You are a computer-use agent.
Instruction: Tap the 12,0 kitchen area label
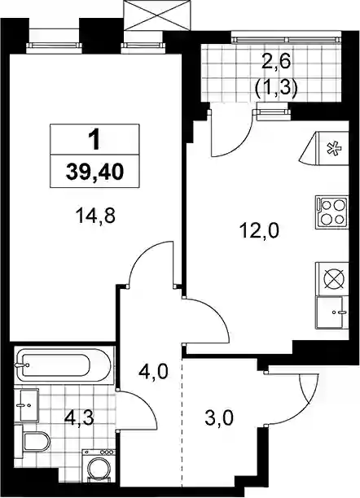(260, 230)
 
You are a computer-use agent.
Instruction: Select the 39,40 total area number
(94, 173)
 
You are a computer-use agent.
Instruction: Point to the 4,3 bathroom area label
(79, 418)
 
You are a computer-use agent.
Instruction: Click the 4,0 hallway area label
(154, 372)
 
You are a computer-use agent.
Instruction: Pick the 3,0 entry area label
(219, 417)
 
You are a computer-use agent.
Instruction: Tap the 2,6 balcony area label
(276, 61)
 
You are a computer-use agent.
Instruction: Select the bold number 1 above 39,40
(94, 140)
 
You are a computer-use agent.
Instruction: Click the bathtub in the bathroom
(64, 365)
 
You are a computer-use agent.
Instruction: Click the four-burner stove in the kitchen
(331, 212)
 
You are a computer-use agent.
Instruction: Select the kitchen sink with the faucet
(331, 312)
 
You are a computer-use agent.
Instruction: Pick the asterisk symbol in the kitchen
(334, 149)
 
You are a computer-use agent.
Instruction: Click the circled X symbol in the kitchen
(334, 278)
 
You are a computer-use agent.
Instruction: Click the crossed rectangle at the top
(157, 15)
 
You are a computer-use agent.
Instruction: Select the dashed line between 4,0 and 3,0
(182, 422)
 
